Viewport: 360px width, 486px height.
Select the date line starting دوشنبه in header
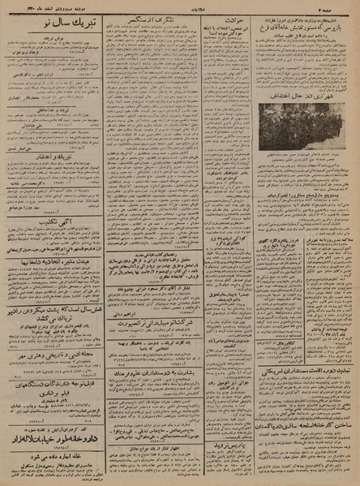pyautogui.click(x=41, y=6)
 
